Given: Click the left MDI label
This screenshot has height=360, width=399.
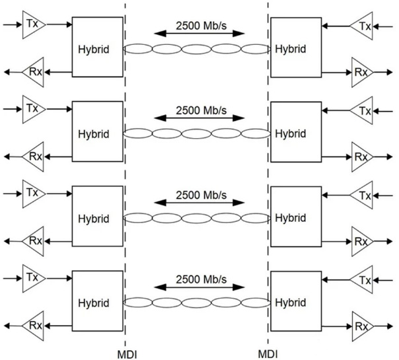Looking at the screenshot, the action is (x=127, y=355).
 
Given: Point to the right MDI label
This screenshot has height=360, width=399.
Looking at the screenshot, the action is (x=268, y=354).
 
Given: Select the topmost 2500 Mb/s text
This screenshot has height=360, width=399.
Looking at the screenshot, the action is (x=201, y=26).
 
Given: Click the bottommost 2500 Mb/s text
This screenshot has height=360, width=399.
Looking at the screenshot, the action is (x=201, y=279).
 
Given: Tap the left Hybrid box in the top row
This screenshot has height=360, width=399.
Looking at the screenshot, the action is (x=98, y=47).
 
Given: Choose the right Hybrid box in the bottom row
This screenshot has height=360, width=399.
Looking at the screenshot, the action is (x=296, y=301).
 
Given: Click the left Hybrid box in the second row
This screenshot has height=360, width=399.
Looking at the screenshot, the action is (x=98, y=131).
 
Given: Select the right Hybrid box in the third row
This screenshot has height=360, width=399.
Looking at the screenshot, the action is (x=296, y=217).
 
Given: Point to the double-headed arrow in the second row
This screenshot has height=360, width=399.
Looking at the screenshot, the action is (x=199, y=118).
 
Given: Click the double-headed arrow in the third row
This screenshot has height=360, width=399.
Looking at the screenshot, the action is (x=199, y=203).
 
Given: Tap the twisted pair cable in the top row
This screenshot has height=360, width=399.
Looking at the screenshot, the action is (x=197, y=49).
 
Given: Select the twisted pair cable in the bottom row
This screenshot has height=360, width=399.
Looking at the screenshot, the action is (x=197, y=303).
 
